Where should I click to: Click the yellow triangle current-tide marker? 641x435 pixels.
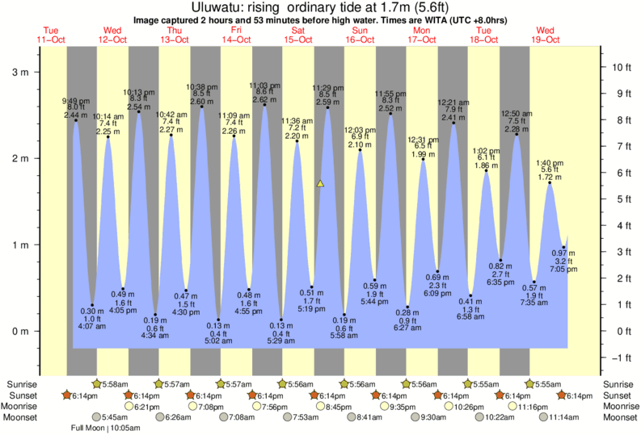tap(320, 184)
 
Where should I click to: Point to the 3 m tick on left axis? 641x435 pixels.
tap(17, 72)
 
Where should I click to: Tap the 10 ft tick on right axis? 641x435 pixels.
tap(621, 67)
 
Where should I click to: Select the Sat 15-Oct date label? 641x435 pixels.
tap(297, 35)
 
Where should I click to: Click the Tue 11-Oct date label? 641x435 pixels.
tap(50, 35)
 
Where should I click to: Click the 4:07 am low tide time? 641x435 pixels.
tap(88, 327)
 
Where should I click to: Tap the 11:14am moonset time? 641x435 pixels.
tap(565, 417)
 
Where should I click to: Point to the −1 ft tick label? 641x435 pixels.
tap(621, 358)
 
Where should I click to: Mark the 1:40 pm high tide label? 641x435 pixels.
tap(550, 162)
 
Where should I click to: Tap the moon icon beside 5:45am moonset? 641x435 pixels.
tap(98, 417)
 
